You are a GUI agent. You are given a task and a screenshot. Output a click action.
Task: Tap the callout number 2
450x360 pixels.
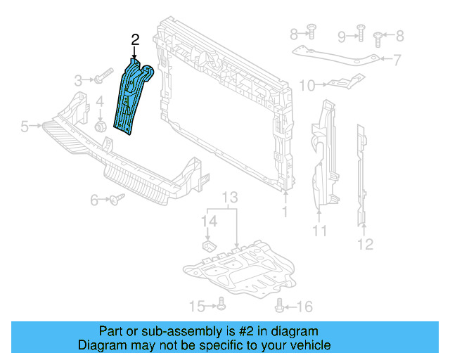tap(134, 40)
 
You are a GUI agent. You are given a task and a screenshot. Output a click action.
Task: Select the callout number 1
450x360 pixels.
tap(285, 211)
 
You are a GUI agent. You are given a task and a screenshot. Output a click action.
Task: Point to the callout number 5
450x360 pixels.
tap(25, 127)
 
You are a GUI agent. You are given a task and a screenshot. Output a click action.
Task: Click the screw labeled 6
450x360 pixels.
tap(116, 200)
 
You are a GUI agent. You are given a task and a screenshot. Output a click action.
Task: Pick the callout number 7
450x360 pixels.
tap(397, 59)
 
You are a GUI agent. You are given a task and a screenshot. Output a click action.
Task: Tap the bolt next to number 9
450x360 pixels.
tap(359, 30)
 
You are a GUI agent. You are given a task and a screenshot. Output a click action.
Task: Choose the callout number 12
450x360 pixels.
tap(365, 244)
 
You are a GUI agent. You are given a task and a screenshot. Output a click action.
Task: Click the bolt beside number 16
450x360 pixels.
tap(281, 305)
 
